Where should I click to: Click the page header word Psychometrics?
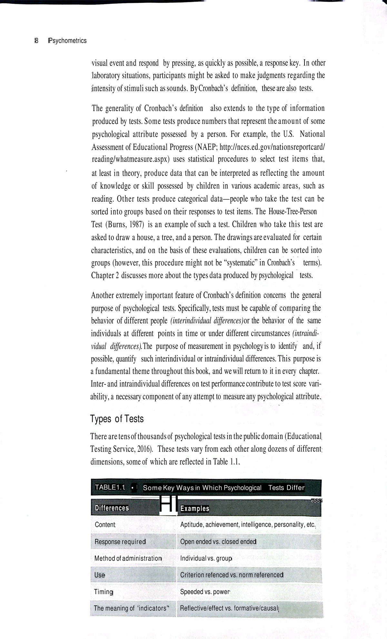pos(67,41)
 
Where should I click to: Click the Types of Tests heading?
pos(117,419)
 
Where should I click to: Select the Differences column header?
pos(112,508)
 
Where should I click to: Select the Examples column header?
pos(195,508)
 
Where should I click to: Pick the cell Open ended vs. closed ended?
pos(218,541)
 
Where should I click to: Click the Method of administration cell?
pos(128,558)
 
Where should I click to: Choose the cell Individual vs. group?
pos(206,558)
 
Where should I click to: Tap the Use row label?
pos(100,575)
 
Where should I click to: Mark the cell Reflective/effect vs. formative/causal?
pos(229,608)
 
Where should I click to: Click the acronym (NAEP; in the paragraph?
pos(205,147)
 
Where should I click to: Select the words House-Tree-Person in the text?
pos(293,212)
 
